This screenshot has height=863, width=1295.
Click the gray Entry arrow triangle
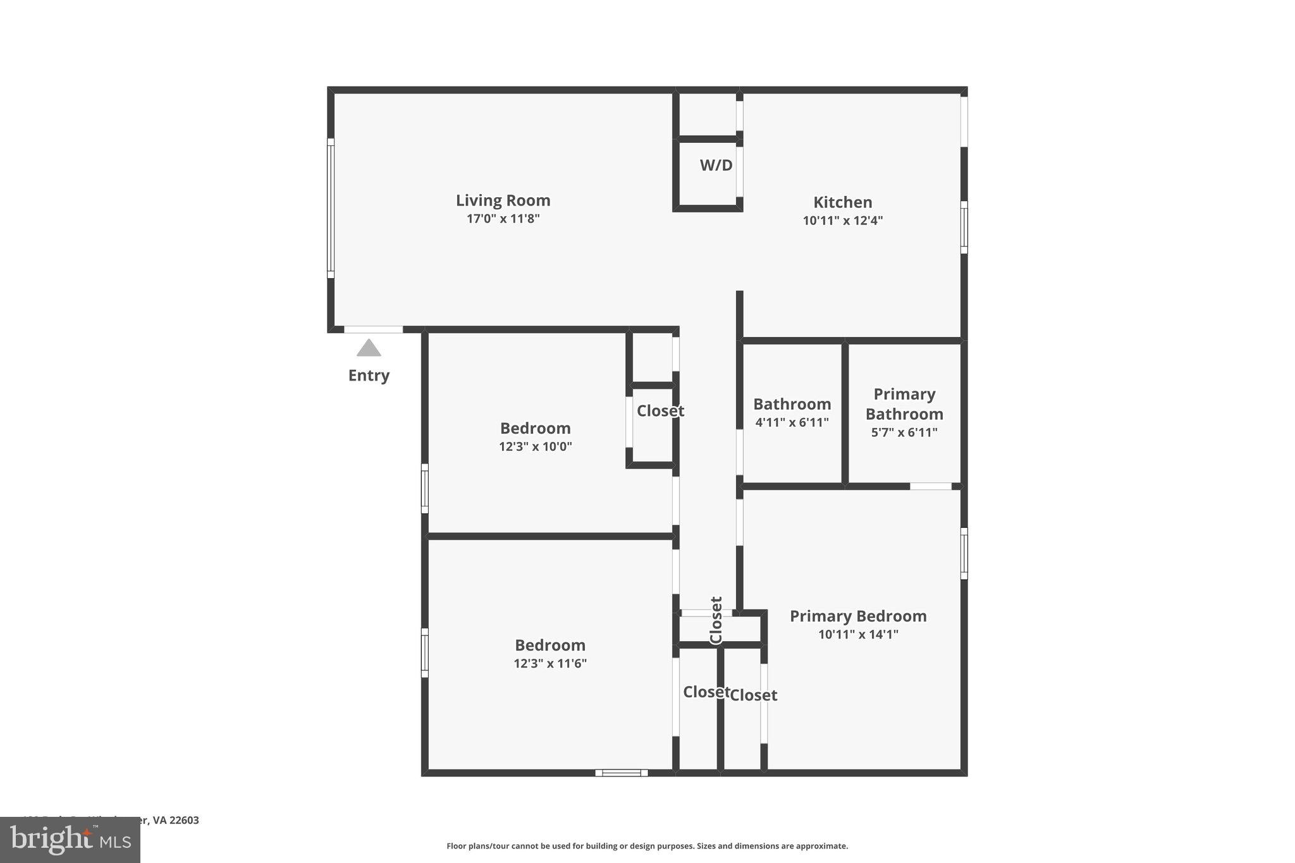pos(369,348)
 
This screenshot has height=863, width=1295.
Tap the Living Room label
pos(503,200)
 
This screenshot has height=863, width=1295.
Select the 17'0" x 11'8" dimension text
pos(503,219)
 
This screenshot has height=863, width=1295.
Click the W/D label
pos(716,165)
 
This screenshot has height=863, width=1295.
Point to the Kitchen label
pos(842,202)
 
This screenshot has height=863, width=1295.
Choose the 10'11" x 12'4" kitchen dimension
pos(842,221)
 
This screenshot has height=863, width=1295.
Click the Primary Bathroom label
pos(904,404)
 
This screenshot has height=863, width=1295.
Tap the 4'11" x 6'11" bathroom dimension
pos(792,422)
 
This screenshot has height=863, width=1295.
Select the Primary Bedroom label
pos(857,616)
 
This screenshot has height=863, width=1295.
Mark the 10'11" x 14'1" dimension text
pos(857,634)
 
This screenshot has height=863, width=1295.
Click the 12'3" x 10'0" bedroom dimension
pos(535,446)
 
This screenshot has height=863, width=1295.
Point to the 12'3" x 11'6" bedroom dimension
pos(549,663)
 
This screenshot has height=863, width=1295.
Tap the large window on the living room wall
pos(330,208)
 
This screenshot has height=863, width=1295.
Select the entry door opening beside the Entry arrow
pos(373,329)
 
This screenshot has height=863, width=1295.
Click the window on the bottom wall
pos(621,772)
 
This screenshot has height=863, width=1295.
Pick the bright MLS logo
pos(70,840)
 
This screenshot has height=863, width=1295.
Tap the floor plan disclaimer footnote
pos(647,846)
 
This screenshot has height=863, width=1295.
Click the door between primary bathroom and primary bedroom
pos(930,486)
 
